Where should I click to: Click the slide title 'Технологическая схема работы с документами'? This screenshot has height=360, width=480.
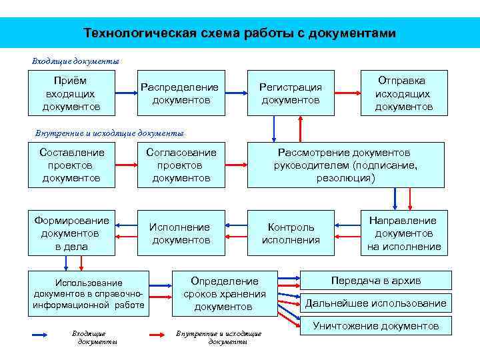(239, 33)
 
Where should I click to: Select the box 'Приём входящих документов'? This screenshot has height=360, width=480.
(71, 93)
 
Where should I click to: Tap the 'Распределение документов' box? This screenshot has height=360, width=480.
(180, 93)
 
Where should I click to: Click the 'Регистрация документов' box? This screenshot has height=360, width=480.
(290, 93)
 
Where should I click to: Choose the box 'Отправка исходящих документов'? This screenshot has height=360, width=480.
(403, 93)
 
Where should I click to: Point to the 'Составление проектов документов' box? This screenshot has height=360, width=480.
(71, 165)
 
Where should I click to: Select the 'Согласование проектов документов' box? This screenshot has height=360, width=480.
(180, 165)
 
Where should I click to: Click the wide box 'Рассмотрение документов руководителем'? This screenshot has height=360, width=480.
(345, 165)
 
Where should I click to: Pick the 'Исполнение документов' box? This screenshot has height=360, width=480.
(180, 233)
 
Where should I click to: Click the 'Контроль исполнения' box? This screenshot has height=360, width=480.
(290, 233)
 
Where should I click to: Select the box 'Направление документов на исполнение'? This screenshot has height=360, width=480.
(403, 233)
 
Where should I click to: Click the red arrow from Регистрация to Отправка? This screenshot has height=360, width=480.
(342, 93)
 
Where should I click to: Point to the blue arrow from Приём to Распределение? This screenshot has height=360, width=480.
(125, 93)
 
